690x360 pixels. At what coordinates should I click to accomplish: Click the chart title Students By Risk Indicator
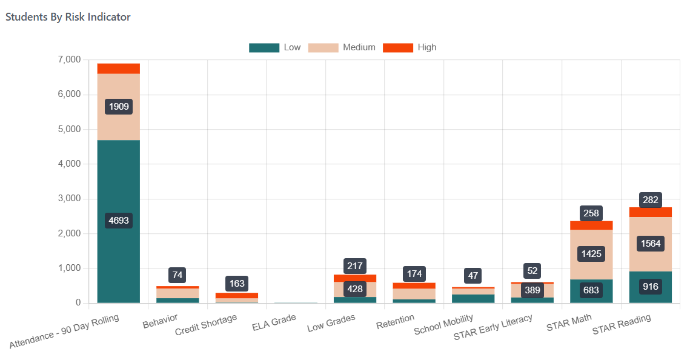point(68,17)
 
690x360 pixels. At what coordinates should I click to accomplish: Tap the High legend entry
point(410,47)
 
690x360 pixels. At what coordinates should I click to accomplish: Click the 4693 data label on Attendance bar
point(119,221)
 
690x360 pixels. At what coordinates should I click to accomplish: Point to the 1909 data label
point(119,107)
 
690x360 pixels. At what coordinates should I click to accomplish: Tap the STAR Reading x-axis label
point(622,324)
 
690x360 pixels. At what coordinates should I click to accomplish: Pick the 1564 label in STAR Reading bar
point(651,244)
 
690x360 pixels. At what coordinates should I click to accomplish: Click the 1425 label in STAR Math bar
point(591,253)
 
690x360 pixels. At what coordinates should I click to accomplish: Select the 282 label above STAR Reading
point(651,200)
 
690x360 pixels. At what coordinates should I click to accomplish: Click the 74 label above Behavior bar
point(177,275)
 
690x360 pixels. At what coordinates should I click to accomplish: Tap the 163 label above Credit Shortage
point(237,283)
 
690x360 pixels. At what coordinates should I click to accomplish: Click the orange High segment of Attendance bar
point(119,68)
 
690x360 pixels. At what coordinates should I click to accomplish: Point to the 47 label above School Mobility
point(473,276)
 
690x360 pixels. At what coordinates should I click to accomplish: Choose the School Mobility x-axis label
point(443,326)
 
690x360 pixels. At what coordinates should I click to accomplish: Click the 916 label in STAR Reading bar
point(651,286)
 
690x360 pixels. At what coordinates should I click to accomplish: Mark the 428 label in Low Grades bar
point(355,289)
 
